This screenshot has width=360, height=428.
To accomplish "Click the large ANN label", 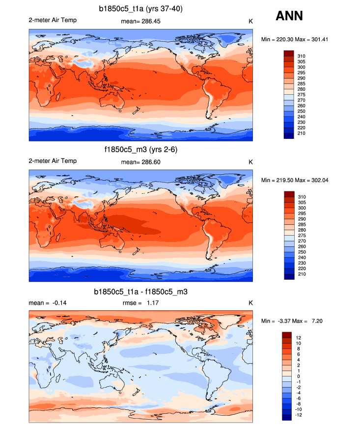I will (x=289, y=17).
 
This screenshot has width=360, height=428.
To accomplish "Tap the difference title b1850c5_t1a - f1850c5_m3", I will (x=141, y=292).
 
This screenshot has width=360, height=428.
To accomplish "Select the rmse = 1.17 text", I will (x=140, y=303).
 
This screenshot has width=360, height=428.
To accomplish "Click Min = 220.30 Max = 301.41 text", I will (x=294, y=39).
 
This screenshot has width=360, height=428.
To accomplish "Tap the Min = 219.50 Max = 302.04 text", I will (x=294, y=180).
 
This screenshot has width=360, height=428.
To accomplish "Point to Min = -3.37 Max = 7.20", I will (x=292, y=321).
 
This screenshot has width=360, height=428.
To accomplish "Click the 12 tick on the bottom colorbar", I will (x=298, y=338).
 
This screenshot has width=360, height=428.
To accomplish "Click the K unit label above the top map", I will (x=250, y=21).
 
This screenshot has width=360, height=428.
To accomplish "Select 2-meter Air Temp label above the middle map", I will (x=53, y=161).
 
